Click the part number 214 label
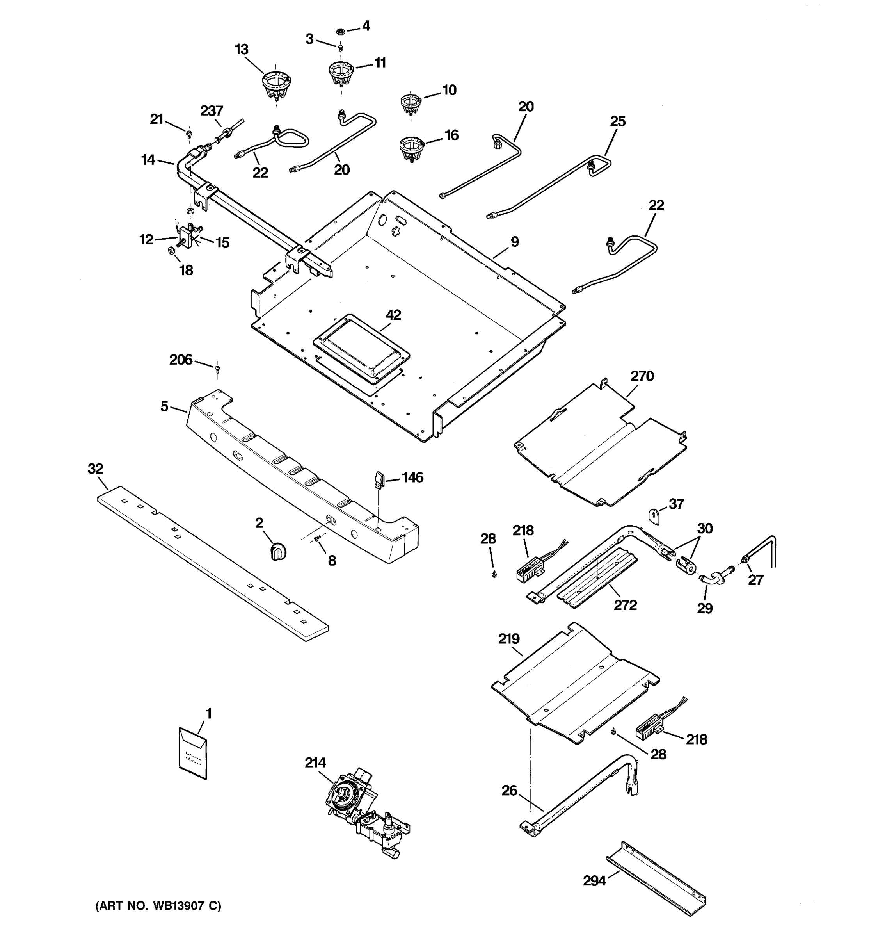click(x=315, y=762)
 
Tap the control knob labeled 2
click(x=278, y=551)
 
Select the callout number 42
click(x=393, y=315)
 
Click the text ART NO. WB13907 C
click(x=158, y=906)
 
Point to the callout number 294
click(x=594, y=880)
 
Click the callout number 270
click(x=642, y=376)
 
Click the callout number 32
click(x=95, y=468)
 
